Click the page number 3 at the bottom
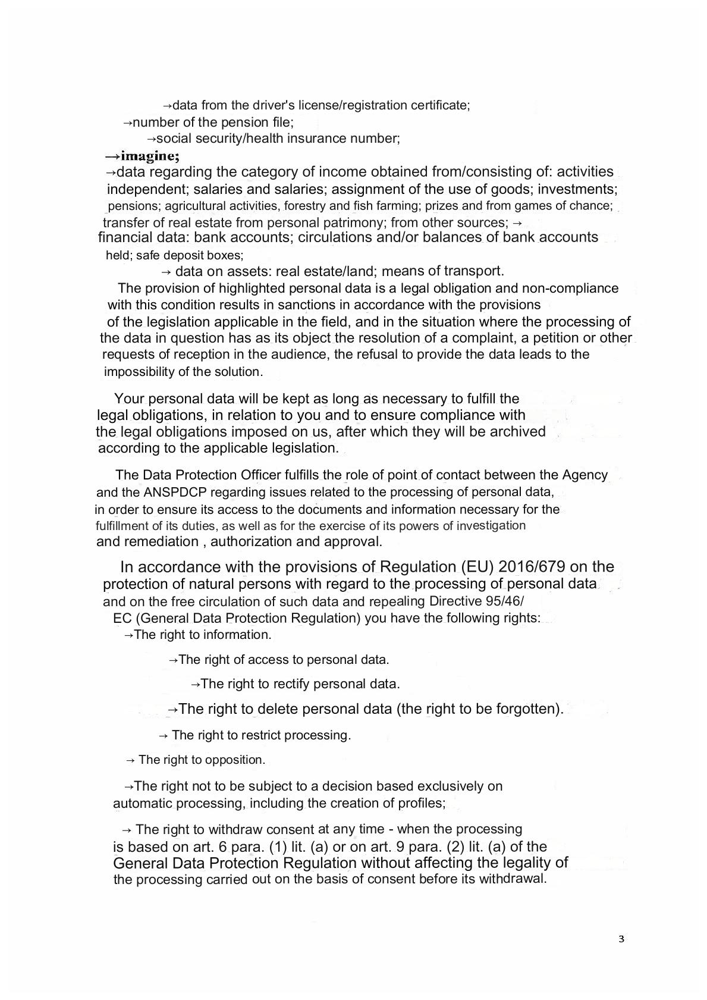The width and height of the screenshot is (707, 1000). click(x=621, y=939)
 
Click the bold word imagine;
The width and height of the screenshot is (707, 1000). click(x=150, y=156)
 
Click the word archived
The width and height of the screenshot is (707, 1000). click(x=517, y=431)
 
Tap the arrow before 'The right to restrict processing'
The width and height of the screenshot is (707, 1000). click(x=164, y=735)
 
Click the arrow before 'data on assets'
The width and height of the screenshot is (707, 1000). click(x=166, y=272)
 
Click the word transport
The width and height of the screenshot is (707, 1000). click(x=476, y=271)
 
